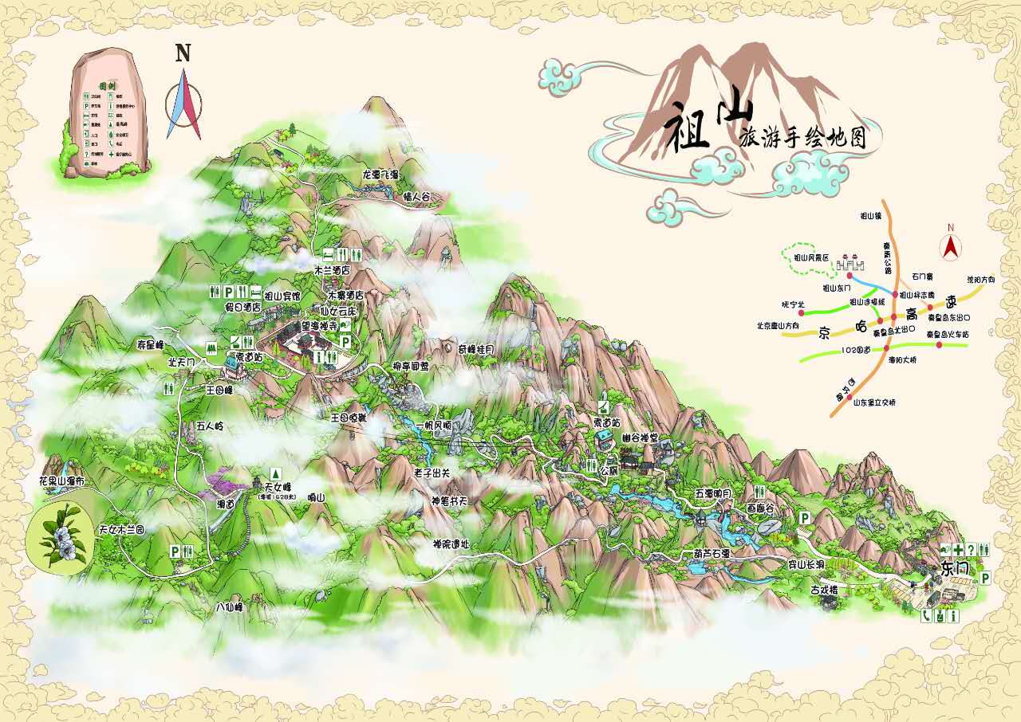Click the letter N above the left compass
tap(183, 53)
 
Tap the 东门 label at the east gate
tap(953, 570)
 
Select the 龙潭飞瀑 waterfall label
tap(380, 175)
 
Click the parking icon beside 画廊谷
tap(805, 519)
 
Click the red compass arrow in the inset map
tap(950, 247)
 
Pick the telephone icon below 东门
tap(926, 615)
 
